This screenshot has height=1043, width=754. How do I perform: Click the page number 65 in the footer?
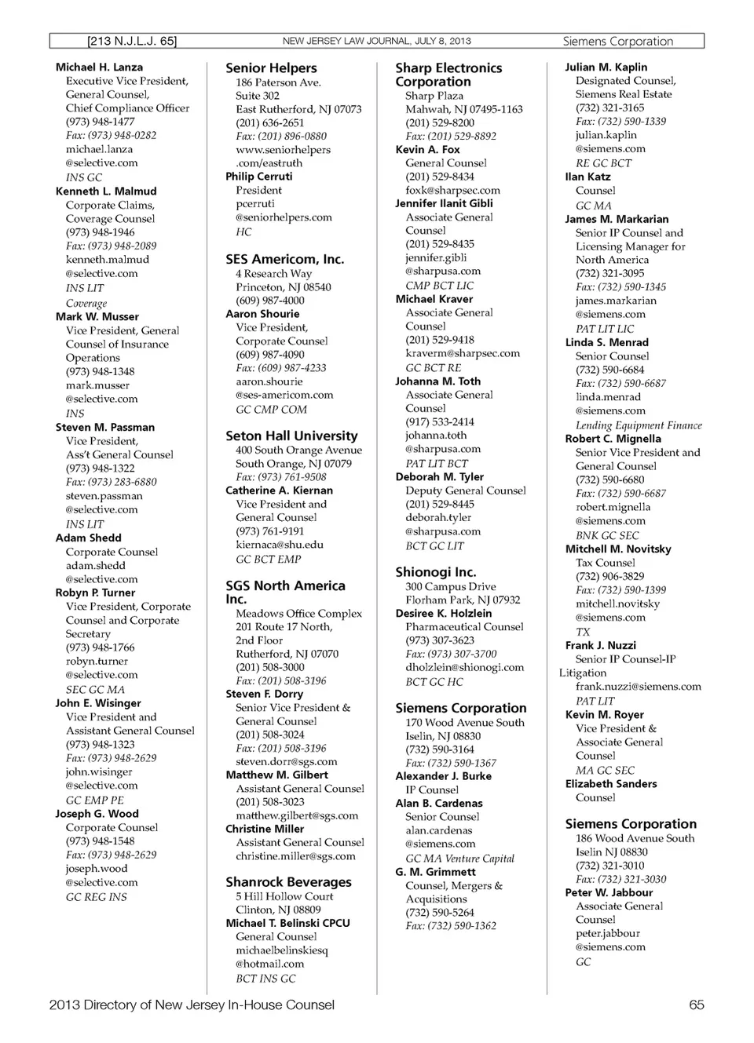(x=696, y=1005)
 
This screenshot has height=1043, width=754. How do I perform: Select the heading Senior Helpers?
(x=271, y=68)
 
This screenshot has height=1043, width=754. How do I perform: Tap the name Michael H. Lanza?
(x=99, y=67)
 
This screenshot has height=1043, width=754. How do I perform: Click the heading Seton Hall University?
(x=291, y=436)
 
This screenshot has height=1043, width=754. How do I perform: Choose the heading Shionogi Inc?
(x=435, y=572)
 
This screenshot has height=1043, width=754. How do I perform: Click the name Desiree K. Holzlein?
(x=444, y=613)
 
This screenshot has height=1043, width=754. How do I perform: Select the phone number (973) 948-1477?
(x=100, y=122)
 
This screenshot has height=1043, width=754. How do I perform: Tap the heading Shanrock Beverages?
(x=288, y=882)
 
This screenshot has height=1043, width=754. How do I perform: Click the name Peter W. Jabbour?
(x=609, y=892)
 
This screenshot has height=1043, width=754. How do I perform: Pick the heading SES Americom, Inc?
(x=284, y=259)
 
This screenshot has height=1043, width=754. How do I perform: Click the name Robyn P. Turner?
(x=95, y=593)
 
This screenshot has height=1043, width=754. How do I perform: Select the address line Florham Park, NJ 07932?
(x=463, y=600)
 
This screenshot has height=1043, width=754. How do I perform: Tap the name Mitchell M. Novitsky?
(x=618, y=549)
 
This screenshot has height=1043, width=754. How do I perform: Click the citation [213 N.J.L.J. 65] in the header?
(x=132, y=41)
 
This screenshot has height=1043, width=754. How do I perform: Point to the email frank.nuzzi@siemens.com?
(x=638, y=687)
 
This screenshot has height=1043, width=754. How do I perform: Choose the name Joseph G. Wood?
(x=97, y=814)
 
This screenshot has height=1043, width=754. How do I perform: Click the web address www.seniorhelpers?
(x=283, y=149)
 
